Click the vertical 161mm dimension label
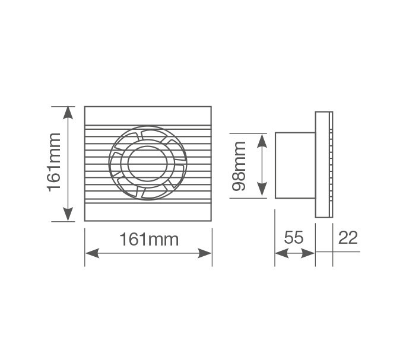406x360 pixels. [54, 163]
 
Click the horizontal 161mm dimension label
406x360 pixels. [149, 240]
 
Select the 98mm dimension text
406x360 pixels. [240, 165]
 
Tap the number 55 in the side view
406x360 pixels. [294, 238]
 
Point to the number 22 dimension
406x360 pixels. [348, 238]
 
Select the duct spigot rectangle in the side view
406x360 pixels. [295, 165]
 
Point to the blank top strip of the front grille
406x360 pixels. [148, 116]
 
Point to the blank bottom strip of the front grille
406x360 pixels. [148, 212]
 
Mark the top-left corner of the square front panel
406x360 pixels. [85, 107]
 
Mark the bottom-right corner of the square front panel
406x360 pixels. [211, 221]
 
